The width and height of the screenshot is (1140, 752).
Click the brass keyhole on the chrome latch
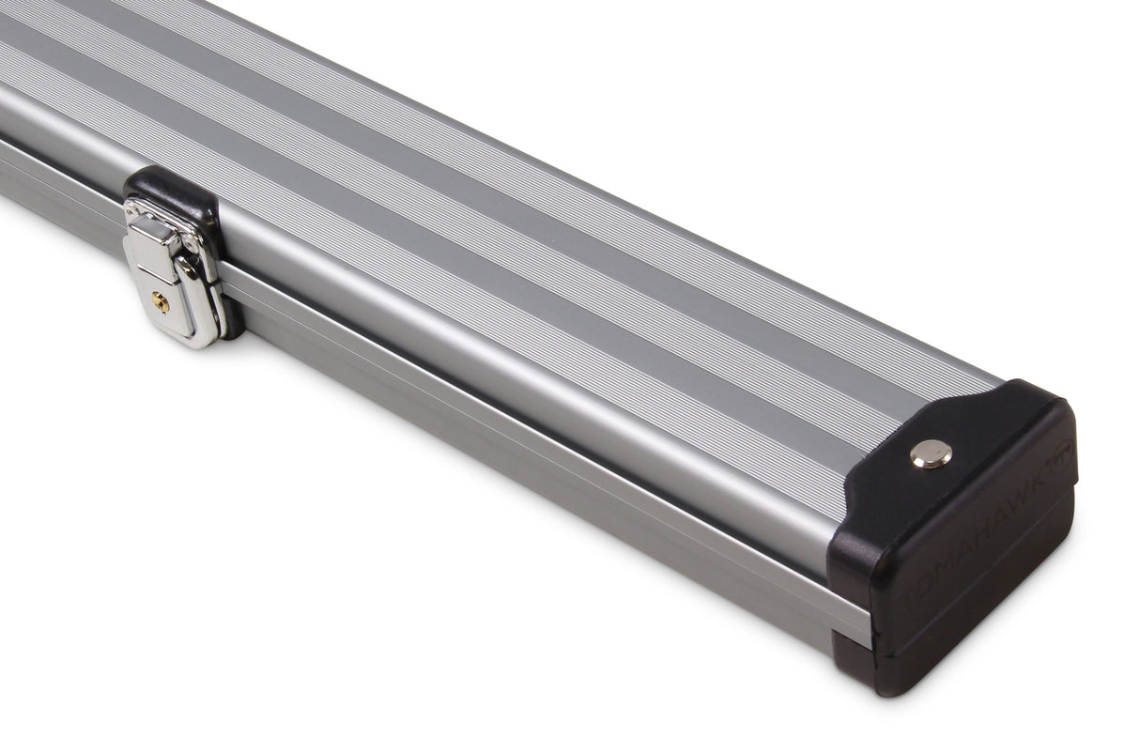click(x=161, y=301)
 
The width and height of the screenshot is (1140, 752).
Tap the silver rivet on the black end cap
click(x=931, y=453)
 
